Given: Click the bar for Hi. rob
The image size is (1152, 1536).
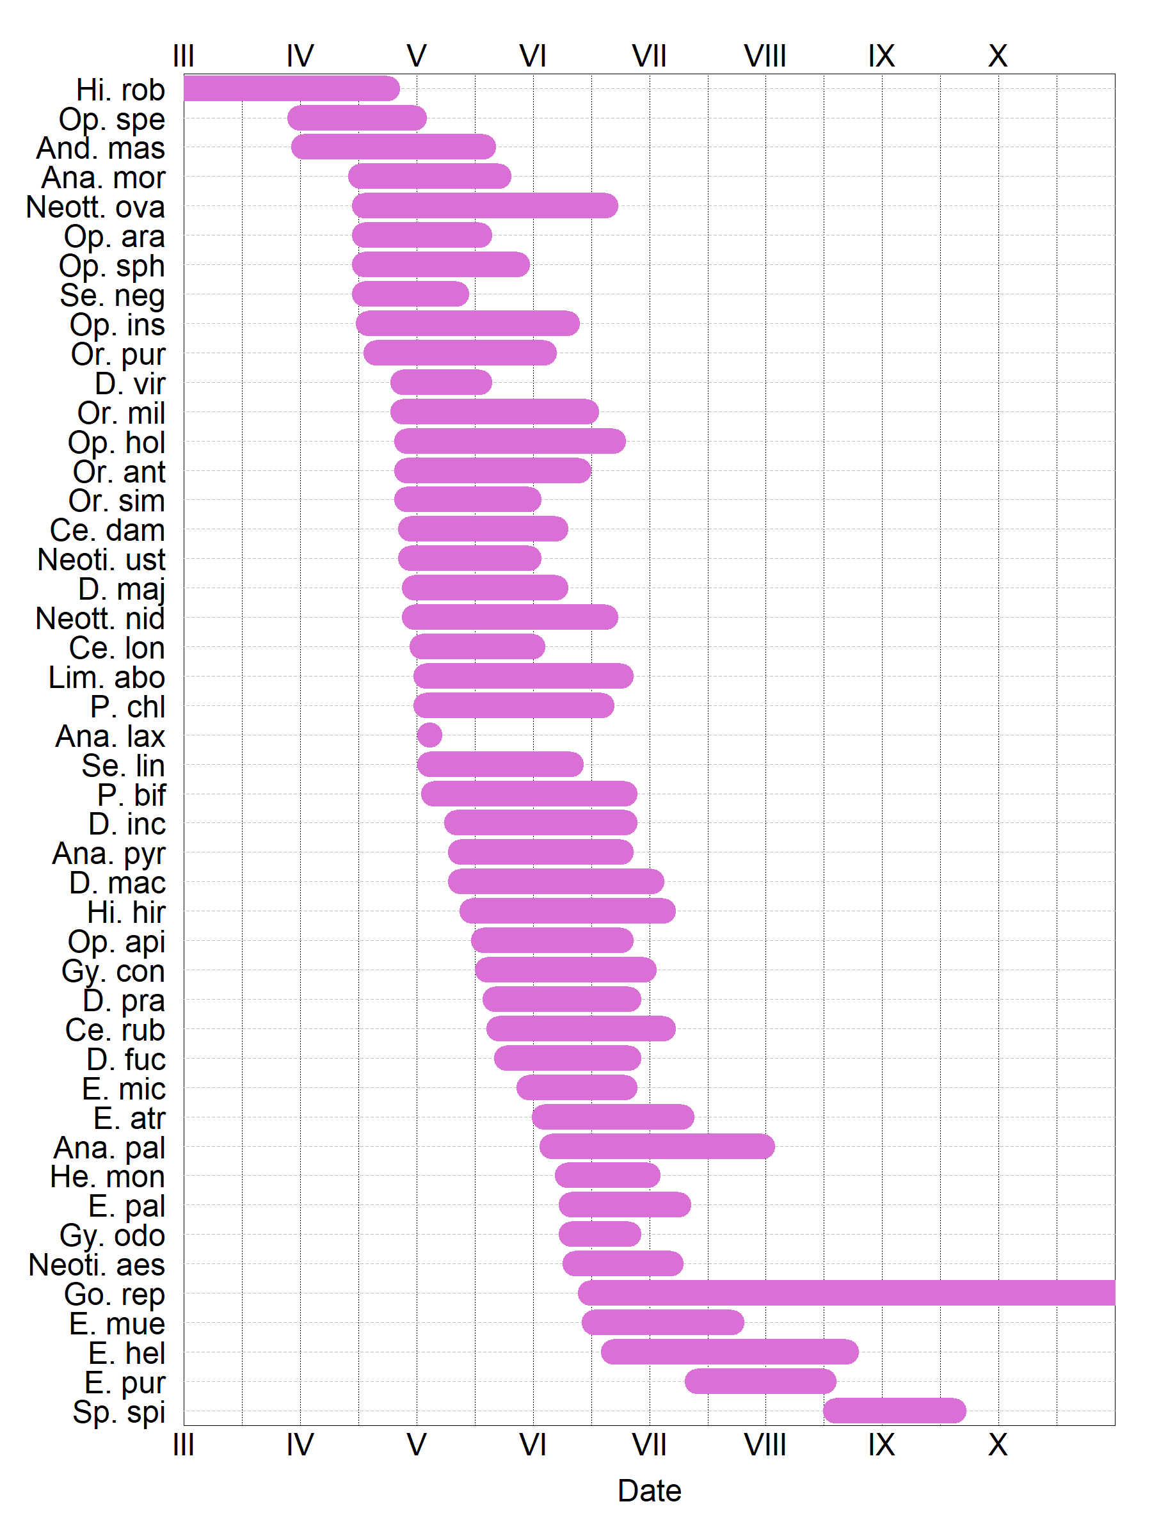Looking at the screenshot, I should (292, 89).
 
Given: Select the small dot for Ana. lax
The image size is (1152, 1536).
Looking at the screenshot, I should (430, 735).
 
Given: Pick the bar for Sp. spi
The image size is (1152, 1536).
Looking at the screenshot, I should (894, 1411).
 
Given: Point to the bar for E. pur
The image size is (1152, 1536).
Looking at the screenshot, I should (760, 1381).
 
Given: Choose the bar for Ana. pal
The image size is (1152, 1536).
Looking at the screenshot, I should (657, 1146).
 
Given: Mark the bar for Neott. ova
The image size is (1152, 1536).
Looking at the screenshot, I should (484, 205).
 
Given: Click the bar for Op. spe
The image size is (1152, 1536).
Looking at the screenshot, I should (357, 118).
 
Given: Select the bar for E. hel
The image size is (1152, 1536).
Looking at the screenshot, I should (730, 1352).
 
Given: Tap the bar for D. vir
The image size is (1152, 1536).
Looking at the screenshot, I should (441, 382).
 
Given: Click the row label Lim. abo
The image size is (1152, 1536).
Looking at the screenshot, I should (107, 677).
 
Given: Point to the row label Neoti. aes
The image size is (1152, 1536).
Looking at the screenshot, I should (97, 1265).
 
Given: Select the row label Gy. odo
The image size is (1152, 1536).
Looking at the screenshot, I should (113, 1235).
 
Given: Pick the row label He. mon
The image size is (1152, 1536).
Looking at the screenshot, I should (108, 1177).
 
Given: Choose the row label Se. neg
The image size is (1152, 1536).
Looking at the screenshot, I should (113, 295).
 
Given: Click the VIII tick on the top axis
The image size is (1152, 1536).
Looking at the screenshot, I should (765, 56).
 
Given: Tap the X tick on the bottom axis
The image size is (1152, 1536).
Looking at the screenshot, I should (998, 1446).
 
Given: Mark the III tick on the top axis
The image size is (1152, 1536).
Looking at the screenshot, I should (183, 56).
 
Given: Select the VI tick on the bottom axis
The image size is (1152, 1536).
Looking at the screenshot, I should (532, 1446).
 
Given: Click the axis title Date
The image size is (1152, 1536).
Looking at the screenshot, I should (649, 1491).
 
